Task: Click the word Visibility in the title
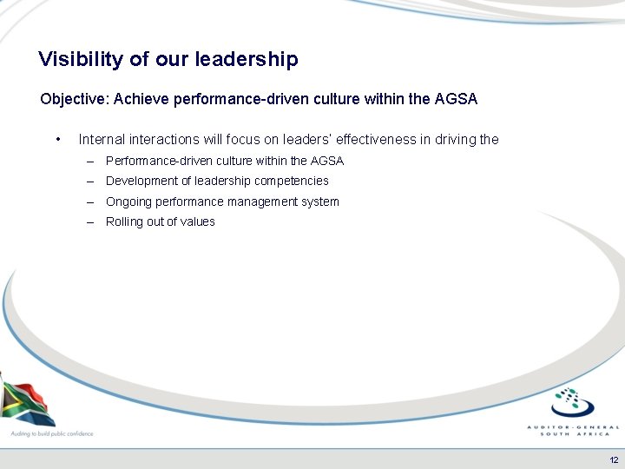coord(82,59)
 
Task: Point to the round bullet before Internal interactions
coord(56,139)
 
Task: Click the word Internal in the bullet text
coord(101,139)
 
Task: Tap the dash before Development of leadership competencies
coord(91,181)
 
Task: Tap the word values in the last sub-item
coord(198,221)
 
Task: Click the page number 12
coord(615,459)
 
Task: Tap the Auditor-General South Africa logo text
coord(574,430)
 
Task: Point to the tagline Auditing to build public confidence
coord(51,433)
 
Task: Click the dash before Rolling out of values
coord(91,221)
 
